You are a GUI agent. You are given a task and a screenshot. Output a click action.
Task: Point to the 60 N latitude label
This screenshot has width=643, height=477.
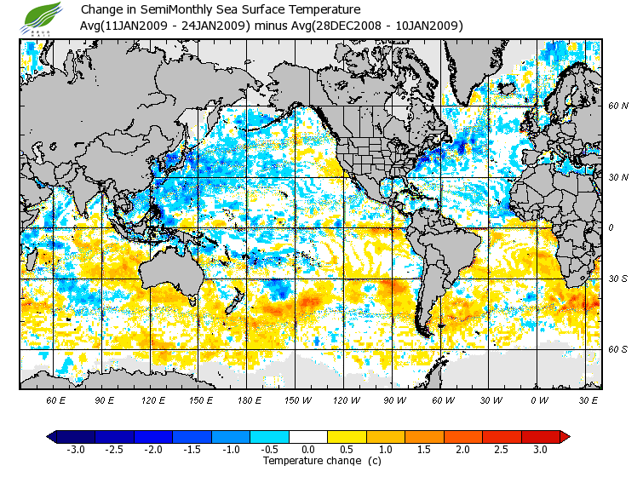pos(618,106)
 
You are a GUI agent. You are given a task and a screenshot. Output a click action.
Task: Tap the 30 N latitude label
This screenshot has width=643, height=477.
pos(618,178)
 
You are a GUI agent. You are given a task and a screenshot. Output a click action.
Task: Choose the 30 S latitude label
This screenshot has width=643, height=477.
pos(618,279)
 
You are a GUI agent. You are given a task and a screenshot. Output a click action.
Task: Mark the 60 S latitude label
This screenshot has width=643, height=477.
pos(618,349)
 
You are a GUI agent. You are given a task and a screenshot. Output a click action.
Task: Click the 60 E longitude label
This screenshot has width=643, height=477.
pos(56,399)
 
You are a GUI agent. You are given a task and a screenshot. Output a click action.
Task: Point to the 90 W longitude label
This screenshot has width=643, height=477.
pos(393,399)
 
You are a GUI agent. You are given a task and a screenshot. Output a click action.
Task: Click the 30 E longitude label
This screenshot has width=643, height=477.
pos(588,399)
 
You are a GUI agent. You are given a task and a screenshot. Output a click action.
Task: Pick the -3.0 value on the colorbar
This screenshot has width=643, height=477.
pos(76,450)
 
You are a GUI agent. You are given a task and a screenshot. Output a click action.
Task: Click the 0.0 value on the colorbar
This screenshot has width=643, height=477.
pos(308,450)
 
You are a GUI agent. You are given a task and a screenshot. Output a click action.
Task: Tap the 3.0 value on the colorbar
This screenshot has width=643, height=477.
pos(540,450)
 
